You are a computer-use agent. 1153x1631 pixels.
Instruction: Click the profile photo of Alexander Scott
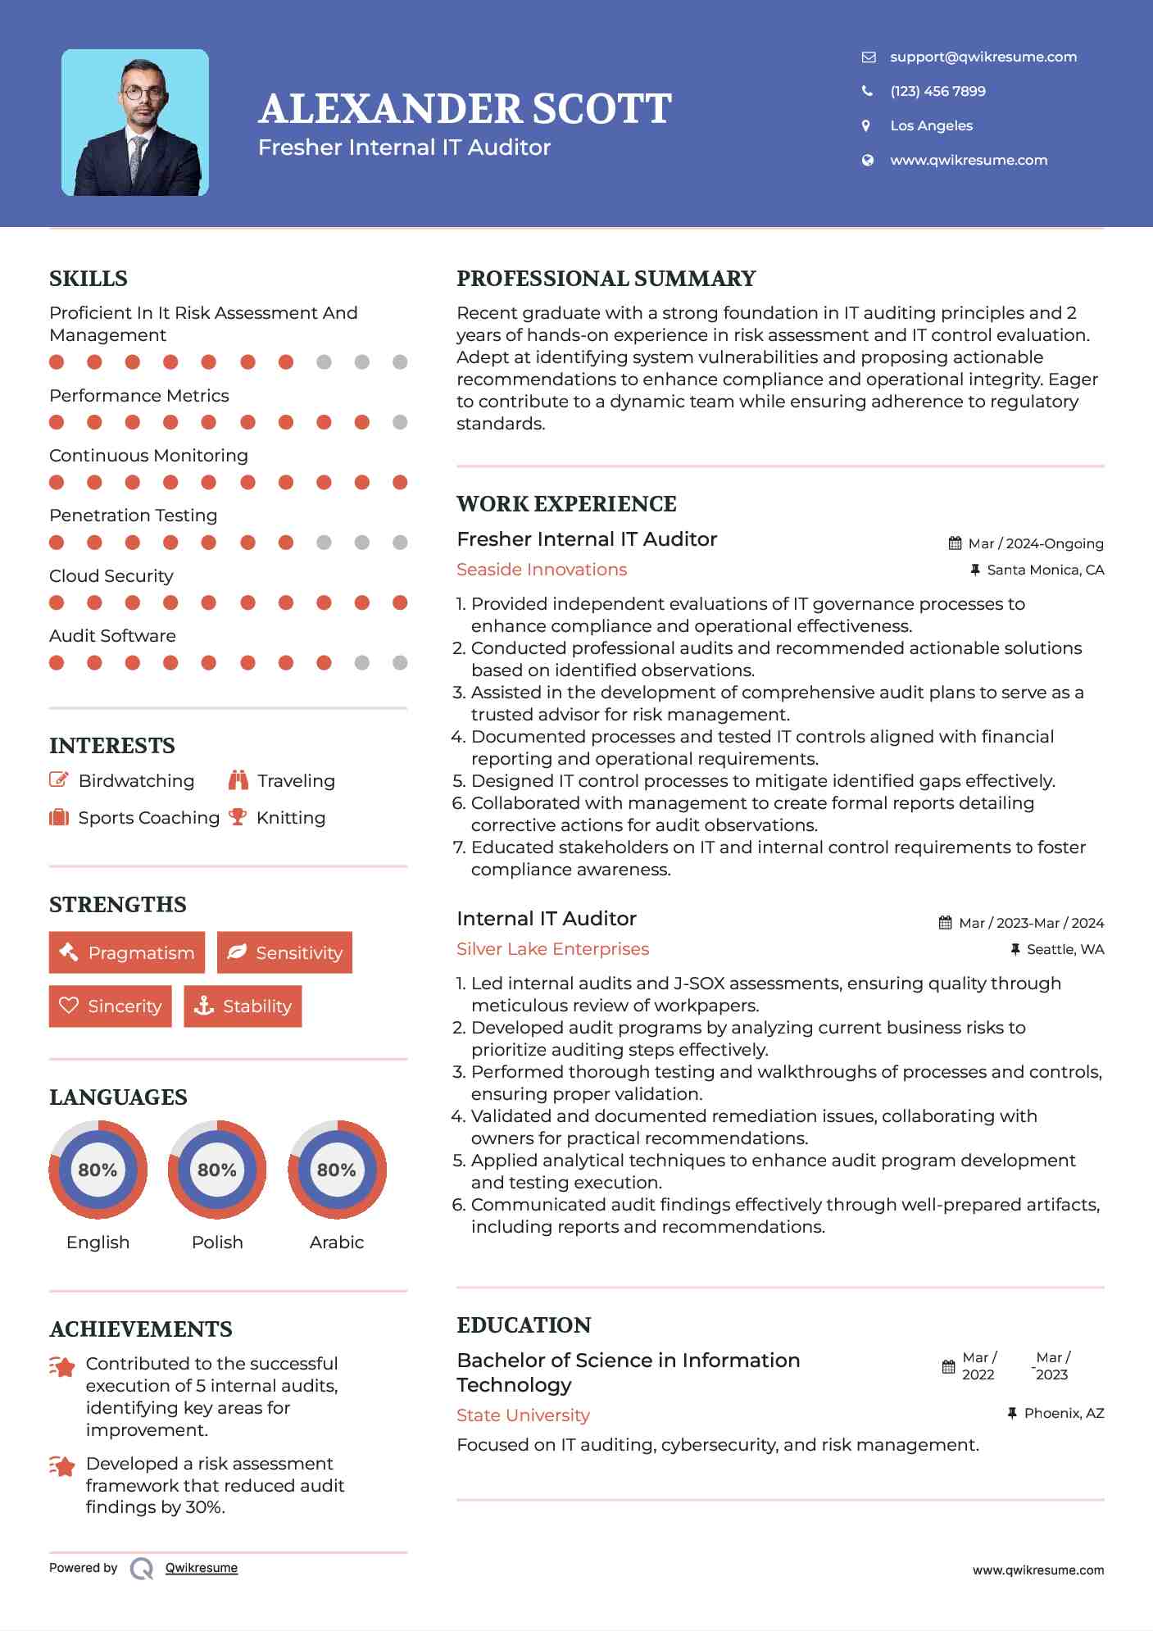click(x=135, y=123)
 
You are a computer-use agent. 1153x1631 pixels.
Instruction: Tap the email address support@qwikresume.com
click(x=983, y=57)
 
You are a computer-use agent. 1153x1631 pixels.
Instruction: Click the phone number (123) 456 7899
click(x=937, y=91)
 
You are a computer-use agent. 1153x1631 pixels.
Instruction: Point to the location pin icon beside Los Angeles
click(x=866, y=125)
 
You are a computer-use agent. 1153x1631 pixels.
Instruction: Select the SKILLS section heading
click(x=89, y=279)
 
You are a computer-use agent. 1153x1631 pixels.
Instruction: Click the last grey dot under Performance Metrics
click(x=400, y=422)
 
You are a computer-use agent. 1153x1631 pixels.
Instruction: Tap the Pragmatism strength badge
click(x=127, y=952)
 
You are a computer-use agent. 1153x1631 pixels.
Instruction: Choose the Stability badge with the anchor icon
click(x=243, y=1006)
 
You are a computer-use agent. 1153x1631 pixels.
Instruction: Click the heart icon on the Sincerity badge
click(x=69, y=1006)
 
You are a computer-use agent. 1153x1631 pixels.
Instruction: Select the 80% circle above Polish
click(x=217, y=1170)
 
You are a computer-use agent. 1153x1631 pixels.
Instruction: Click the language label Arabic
click(x=336, y=1242)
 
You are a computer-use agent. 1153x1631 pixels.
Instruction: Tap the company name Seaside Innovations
click(x=542, y=570)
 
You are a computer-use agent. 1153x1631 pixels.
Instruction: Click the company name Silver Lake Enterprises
click(x=552, y=949)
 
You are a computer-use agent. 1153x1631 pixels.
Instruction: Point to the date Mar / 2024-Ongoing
click(x=1035, y=543)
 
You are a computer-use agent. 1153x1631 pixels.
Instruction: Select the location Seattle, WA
click(x=1064, y=949)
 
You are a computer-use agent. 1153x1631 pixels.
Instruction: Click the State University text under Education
click(x=523, y=1415)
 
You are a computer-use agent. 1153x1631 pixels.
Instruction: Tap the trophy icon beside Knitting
click(x=238, y=817)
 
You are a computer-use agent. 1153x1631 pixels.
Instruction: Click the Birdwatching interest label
click(x=136, y=780)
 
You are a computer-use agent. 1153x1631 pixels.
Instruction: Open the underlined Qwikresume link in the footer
click(x=202, y=1568)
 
